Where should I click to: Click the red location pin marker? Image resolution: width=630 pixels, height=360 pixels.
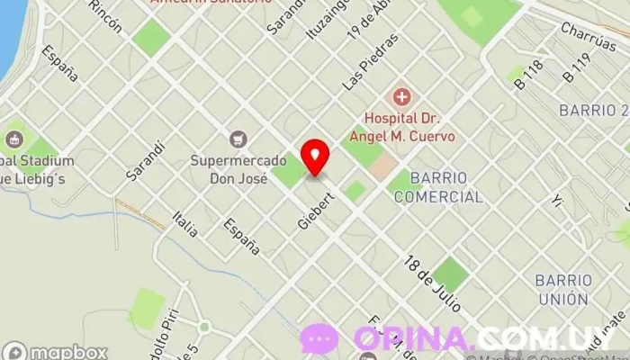click(x=314, y=157)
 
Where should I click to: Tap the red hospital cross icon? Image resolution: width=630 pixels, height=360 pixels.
click(x=401, y=96)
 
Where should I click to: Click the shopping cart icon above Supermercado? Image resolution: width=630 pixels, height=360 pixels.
click(x=238, y=139)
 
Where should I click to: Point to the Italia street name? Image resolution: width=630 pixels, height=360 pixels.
click(x=187, y=222)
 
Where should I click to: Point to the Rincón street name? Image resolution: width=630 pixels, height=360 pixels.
click(x=106, y=16)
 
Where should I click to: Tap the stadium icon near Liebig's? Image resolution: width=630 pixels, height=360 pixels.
click(x=13, y=139)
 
